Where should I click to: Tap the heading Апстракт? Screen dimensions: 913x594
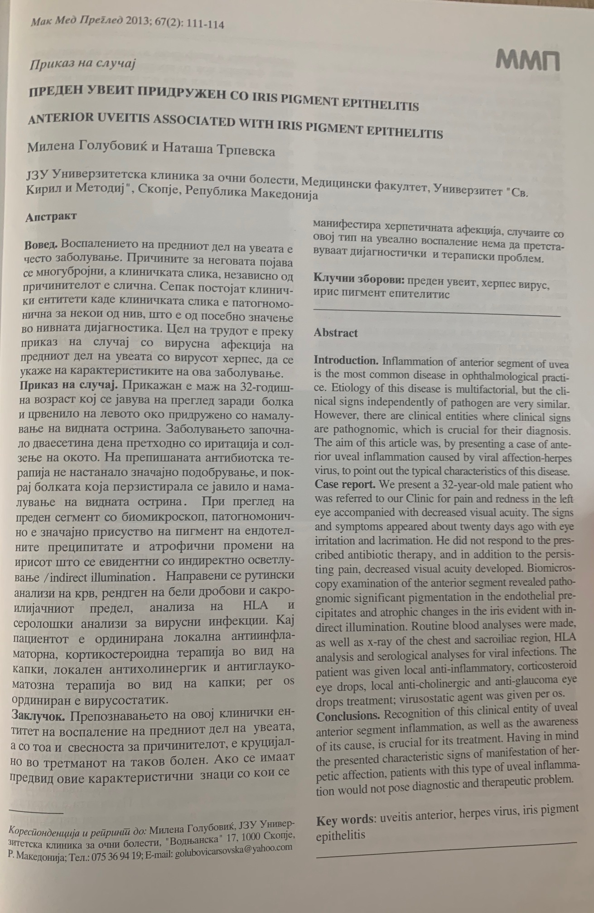pos(51,216)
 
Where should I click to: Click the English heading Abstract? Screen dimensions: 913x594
pos(336,333)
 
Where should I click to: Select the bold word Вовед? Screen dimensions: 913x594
pos(41,245)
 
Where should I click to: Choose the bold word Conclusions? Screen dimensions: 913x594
pos(348,717)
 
